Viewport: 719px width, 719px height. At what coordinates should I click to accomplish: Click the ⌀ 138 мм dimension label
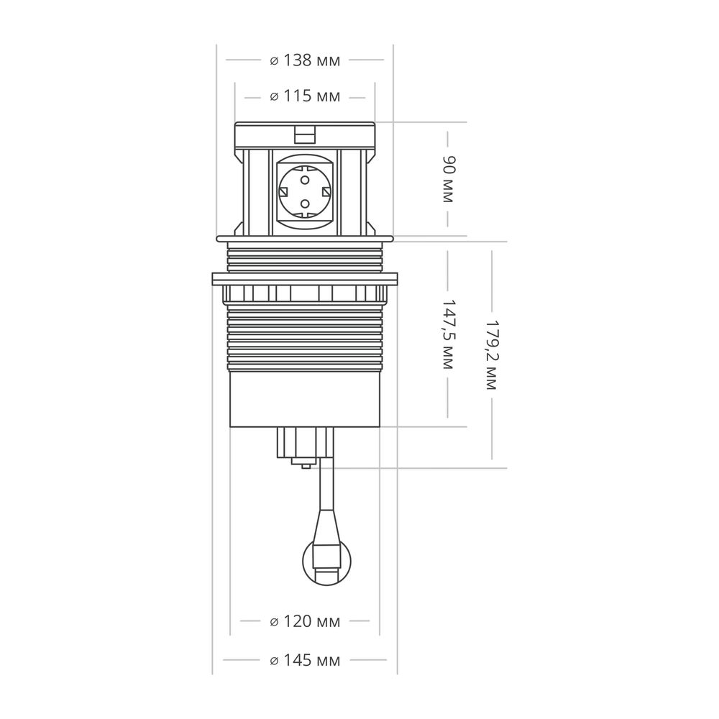[x=305, y=60]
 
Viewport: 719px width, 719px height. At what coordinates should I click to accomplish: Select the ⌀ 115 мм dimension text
[x=305, y=96]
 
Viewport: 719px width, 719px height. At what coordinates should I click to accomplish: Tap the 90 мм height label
[x=447, y=179]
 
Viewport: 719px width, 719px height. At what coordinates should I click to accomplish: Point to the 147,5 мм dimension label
[x=447, y=334]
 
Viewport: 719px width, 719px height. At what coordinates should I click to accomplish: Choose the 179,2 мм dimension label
[x=492, y=355]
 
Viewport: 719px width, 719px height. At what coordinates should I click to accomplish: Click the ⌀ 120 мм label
[x=305, y=621]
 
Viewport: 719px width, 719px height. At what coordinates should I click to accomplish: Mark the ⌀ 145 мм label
[x=305, y=660]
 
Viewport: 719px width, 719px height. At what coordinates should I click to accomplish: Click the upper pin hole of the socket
[x=305, y=180]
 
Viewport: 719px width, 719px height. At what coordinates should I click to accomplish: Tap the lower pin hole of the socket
[x=305, y=203]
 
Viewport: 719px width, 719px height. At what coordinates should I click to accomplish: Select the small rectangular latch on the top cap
[x=305, y=135]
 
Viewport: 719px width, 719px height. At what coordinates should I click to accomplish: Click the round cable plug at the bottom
[x=326, y=562]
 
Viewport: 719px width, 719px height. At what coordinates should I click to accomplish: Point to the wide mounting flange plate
[x=305, y=279]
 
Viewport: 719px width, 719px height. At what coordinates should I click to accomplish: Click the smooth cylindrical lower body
[x=305, y=399]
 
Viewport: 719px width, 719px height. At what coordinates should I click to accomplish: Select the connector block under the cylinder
[x=305, y=443]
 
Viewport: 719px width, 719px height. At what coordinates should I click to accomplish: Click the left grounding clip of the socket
[x=283, y=191]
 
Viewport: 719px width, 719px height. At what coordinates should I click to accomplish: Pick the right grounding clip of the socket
[x=326, y=191]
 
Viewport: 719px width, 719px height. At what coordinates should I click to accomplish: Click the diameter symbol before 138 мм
[x=274, y=61]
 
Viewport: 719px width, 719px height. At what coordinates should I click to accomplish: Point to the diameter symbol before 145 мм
[x=274, y=661]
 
